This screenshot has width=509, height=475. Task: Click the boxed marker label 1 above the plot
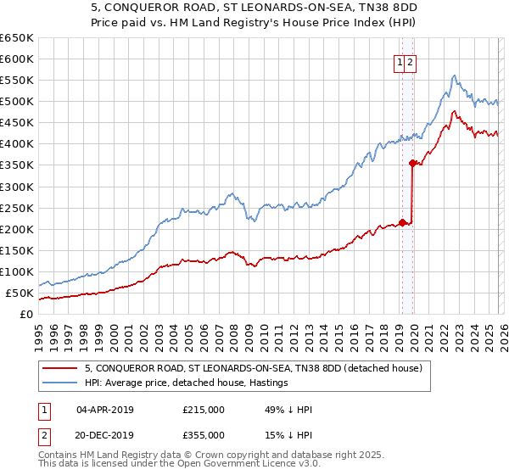(398, 61)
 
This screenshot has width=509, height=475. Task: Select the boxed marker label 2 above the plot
(410, 61)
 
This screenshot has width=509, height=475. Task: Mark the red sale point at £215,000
(402, 222)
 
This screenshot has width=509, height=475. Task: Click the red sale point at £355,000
(412, 163)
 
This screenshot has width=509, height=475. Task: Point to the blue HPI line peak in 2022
(455, 75)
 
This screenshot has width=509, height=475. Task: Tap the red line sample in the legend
(61, 368)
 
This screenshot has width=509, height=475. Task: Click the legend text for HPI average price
(187, 383)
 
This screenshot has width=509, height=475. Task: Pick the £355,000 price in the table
(204, 434)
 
